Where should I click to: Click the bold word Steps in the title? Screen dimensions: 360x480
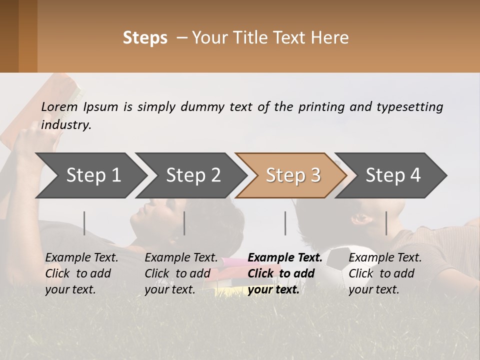click(x=145, y=38)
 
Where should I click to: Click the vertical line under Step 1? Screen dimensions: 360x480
click(x=84, y=223)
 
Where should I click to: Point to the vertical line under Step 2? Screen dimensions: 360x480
click(x=184, y=223)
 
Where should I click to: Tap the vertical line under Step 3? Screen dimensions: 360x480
click(x=285, y=223)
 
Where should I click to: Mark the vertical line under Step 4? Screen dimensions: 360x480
click(x=386, y=223)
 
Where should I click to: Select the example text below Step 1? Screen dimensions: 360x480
click(x=81, y=273)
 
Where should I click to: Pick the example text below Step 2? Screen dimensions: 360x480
click(x=181, y=273)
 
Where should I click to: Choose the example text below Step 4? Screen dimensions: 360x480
click(x=385, y=273)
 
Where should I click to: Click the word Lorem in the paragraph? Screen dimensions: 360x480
click(x=59, y=107)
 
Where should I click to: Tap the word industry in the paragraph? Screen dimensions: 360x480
click(x=66, y=125)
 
